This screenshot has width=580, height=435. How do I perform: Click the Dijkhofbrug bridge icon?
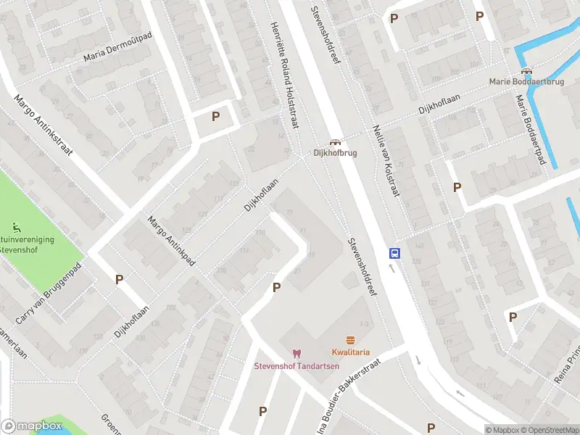[335, 142]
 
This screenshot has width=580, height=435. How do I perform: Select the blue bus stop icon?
[395, 253]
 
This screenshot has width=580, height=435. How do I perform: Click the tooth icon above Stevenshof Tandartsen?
[295, 353]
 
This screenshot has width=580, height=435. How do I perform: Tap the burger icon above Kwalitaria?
[351, 341]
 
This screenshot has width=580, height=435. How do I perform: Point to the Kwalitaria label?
[351, 352]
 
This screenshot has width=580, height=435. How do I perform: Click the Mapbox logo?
[31, 426]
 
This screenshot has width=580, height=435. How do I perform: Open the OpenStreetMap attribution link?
[549, 430]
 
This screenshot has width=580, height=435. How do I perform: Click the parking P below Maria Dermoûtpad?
[215, 116]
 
